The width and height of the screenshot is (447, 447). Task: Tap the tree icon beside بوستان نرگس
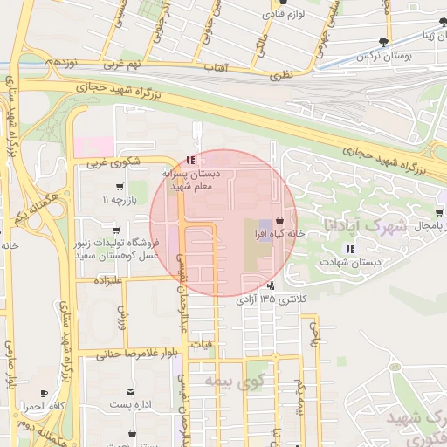pos(383,42)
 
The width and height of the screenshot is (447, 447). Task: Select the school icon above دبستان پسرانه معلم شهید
pos(190,160)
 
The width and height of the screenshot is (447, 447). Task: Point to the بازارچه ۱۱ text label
pos(120,200)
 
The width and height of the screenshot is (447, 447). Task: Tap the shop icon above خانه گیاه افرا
pos(279,220)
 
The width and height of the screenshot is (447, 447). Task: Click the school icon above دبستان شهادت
pos(350,249)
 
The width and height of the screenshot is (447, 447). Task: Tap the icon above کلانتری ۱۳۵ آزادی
pos(272,285)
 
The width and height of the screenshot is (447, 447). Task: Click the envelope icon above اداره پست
pos(131,392)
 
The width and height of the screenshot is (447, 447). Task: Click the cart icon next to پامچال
pos(439,211)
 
